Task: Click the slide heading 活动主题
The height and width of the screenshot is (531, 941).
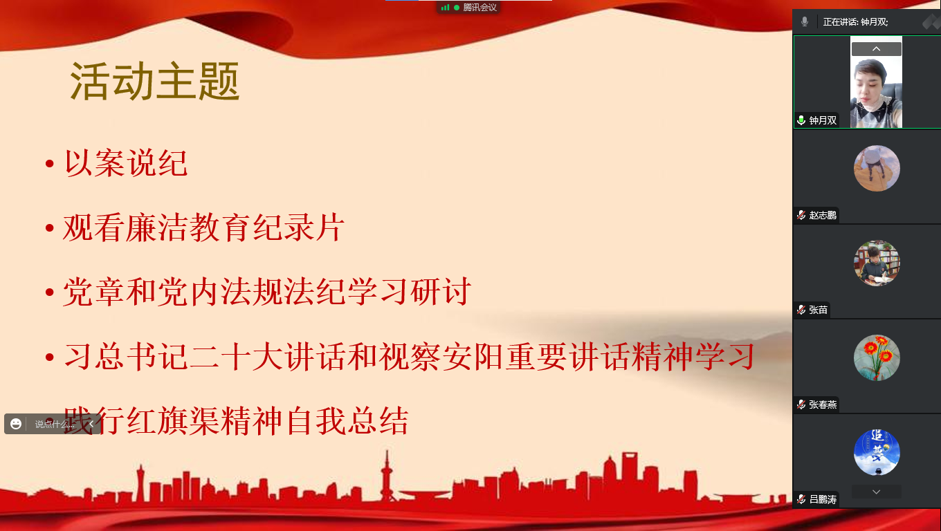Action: (154, 82)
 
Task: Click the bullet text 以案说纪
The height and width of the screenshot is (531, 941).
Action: (126, 163)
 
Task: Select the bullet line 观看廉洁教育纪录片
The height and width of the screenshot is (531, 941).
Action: (203, 227)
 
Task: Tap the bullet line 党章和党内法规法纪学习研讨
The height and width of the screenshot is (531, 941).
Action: (267, 292)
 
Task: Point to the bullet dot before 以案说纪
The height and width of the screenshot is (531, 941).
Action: (50, 163)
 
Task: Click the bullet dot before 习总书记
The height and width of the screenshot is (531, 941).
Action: (50, 357)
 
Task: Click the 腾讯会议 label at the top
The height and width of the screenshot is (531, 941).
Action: (479, 8)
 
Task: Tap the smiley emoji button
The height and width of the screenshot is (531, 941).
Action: (16, 424)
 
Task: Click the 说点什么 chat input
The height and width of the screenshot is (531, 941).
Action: (55, 425)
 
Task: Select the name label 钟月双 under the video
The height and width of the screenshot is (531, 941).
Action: (823, 120)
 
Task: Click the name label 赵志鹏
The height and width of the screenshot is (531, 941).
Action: (823, 215)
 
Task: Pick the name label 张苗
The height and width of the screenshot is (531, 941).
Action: (818, 310)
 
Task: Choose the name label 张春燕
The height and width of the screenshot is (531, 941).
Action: (823, 404)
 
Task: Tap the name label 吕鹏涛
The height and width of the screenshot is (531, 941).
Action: (823, 499)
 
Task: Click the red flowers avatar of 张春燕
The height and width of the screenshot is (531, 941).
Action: (877, 357)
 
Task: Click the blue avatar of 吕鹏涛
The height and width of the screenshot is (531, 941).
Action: (877, 452)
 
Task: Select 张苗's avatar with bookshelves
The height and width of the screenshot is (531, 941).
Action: (877, 263)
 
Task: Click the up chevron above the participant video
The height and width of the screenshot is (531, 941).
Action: (876, 49)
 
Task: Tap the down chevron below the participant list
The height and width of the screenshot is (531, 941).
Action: (876, 492)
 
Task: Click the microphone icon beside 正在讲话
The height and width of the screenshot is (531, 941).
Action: (805, 22)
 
